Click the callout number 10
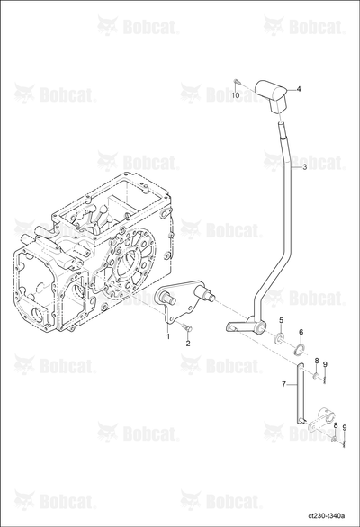pos(236,95)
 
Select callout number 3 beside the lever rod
pos(304,167)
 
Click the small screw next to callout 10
pos(236,81)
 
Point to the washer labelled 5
pos(279,338)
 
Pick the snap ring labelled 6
pos(299,350)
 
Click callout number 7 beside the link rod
pos(283,384)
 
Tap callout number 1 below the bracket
pos(167,335)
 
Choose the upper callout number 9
pos(325,364)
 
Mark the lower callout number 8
pos(335,425)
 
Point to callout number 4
pos(299,89)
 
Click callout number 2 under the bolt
pos(188,344)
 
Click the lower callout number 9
pos(344,427)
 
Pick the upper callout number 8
pos(316,361)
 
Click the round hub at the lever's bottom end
pos(259,327)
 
